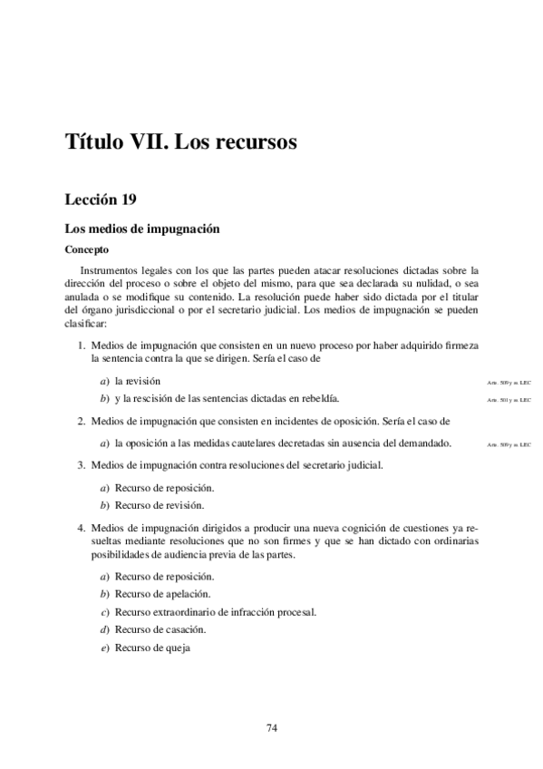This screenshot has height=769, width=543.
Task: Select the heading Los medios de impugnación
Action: pyautogui.click(x=142, y=230)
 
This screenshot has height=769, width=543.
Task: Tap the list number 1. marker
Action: pyautogui.click(x=82, y=346)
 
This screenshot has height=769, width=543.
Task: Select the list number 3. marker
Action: pyautogui.click(x=82, y=465)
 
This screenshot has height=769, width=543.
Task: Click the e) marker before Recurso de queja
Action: pyautogui.click(x=104, y=647)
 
